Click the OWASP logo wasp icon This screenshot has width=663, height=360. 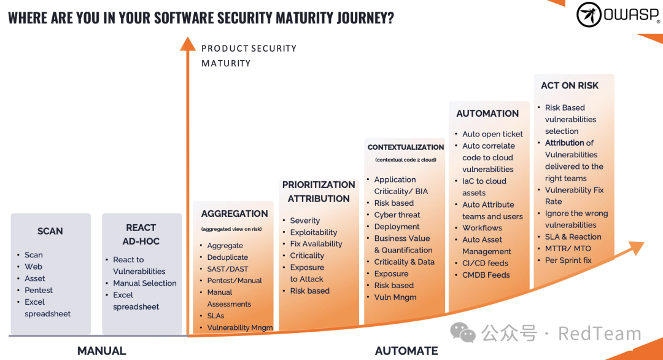pyautogui.click(x=589, y=15)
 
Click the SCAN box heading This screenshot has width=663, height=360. pyautogui.click(x=50, y=231)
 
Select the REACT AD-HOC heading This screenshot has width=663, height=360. pyautogui.click(x=141, y=234)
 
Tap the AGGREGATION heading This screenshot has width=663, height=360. pyautogui.click(x=235, y=214)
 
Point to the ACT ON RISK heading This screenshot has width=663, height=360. pyautogui.click(x=570, y=85)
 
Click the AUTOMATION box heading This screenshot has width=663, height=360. pyautogui.click(x=487, y=114)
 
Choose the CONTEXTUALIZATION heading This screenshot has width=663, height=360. pyautogui.click(x=406, y=147)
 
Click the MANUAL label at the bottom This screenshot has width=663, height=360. pyautogui.click(x=101, y=351)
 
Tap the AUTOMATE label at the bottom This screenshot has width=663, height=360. pyautogui.click(x=406, y=351)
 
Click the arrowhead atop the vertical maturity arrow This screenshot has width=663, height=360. pyautogui.click(x=187, y=43)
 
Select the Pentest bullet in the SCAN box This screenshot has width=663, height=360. pyautogui.click(x=39, y=290)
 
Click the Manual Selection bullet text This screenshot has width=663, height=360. pyautogui.click(x=145, y=283)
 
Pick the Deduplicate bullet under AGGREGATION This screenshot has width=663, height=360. pyautogui.click(x=228, y=257)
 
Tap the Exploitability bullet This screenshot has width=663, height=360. pyautogui.click(x=314, y=232)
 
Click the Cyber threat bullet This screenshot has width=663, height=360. pyautogui.click(x=397, y=215)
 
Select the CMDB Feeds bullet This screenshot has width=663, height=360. pyautogui.click(x=486, y=275)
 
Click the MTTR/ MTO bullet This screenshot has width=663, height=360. pyautogui.click(x=568, y=249)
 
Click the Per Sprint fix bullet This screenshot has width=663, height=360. pyautogui.click(x=568, y=260)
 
